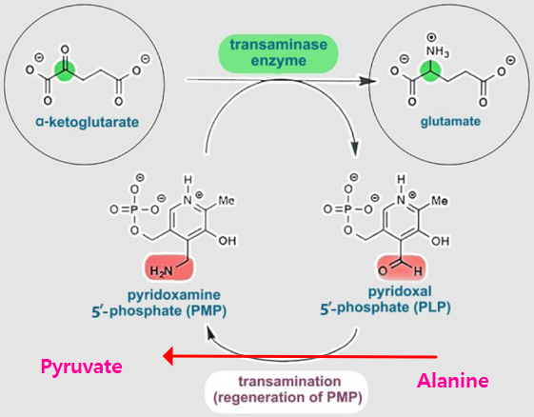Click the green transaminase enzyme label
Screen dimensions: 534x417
(x=278, y=52)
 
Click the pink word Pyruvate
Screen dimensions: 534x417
(x=82, y=367)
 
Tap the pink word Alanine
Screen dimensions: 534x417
(x=453, y=380)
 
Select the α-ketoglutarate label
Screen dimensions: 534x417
(x=88, y=122)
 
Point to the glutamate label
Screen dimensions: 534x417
(x=450, y=122)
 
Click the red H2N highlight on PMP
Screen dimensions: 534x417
(x=168, y=268)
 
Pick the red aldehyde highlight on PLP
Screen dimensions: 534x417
(x=402, y=268)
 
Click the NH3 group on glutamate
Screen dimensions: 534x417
(x=437, y=51)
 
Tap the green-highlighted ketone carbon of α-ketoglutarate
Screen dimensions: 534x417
(x=65, y=70)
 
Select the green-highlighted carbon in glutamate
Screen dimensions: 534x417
(x=430, y=71)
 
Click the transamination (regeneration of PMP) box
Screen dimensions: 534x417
(x=287, y=389)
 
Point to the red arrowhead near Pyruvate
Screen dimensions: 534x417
(x=168, y=356)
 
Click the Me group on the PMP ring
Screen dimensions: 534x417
(x=226, y=200)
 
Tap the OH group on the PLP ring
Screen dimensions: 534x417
(x=441, y=241)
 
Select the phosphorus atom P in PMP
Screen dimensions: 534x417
(x=134, y=209)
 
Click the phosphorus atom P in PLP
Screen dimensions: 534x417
(x=347, y=209)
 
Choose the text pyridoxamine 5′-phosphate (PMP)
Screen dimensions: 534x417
(x=159, y=303)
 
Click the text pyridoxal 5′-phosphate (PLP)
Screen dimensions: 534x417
(x=386, y=300)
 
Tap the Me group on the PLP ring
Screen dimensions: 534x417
(x=440, y=200)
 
